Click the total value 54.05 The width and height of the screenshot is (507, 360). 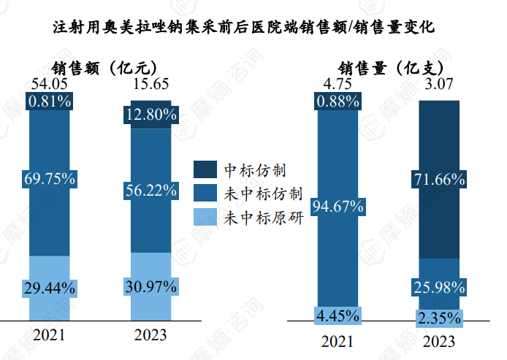pos(50,85)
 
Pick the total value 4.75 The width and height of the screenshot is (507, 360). pos(337,85)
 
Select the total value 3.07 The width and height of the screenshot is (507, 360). pos(439,85)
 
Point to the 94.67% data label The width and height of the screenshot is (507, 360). pos(338,207)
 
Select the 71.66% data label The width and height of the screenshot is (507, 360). pos(439,180)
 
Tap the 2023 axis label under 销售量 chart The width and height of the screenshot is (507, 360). pos(439,341)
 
